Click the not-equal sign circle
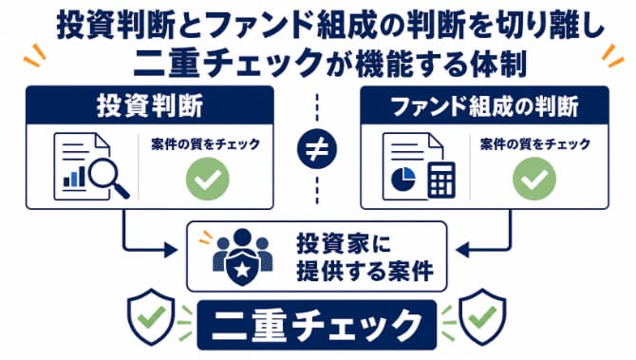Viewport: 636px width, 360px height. click(317, 149)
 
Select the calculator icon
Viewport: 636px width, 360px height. click(441, 180)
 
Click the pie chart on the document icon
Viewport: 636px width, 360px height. click(403, 179)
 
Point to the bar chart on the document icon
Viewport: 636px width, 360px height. click(74, 177)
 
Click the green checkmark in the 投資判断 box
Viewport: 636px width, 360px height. click(207, 179)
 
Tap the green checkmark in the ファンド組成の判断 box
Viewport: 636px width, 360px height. click(534, 179)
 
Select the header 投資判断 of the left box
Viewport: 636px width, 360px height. click(150, 106)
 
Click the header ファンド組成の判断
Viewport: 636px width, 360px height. click(485, 106)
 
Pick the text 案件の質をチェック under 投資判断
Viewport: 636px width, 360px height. click(205, 144)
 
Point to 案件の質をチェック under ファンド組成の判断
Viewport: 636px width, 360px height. click(535, 144)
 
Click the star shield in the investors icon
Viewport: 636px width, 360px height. click(242, 269)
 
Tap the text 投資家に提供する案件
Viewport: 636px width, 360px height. click(365, 256)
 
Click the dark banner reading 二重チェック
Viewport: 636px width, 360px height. click(317, 325)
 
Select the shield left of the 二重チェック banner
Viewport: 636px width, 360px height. click(151, 316)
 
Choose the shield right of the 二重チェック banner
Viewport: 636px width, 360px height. click(482, 316)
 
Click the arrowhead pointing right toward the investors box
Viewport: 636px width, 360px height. click(171, 250)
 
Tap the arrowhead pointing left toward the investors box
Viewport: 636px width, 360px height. click(462, 250)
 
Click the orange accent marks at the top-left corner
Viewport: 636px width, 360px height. click(34, 55)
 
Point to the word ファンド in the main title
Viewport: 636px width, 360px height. click(262, 25)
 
